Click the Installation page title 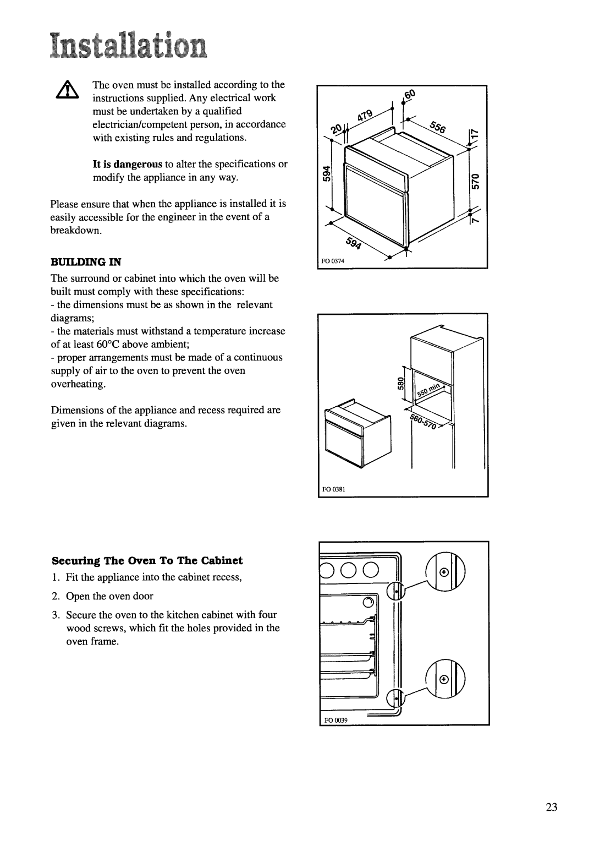(128, 46)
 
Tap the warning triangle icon (67, 90)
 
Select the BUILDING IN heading (86, 262)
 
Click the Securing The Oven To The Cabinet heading (147, 560)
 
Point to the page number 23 (552, 807)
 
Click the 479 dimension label (365, 115)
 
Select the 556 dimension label (438, 127)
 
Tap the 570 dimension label (475, 181)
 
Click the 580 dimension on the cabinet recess (400, 384)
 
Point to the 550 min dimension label (428, 390)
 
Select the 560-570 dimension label (424, 422)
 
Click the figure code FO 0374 (333, 261)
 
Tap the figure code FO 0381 (334, 489)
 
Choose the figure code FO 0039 (336, 720)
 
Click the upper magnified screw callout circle (446, 572)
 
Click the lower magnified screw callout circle (446, 679)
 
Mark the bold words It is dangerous (128, 165)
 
